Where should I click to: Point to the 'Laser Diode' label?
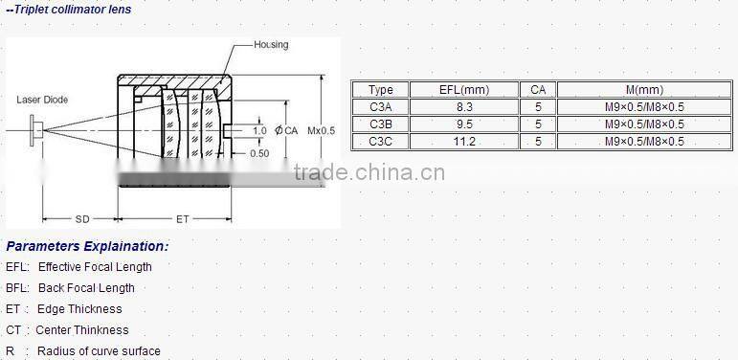point(42,99)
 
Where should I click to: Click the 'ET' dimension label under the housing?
point(182,219)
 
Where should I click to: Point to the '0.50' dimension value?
point(258,153)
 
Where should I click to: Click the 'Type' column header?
point(381,90)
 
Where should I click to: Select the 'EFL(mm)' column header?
point(463,90)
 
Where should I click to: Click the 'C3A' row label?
point(381,107)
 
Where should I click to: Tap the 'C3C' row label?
point(381,142)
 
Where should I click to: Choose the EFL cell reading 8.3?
point(463,107)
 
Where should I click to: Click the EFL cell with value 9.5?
point(463,124)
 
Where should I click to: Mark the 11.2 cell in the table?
point(463,142)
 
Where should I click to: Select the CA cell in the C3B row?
point(538,124)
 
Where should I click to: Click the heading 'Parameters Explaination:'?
point(87,246)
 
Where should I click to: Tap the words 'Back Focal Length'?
point(86,288)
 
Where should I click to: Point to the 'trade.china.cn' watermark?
point(369,172)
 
